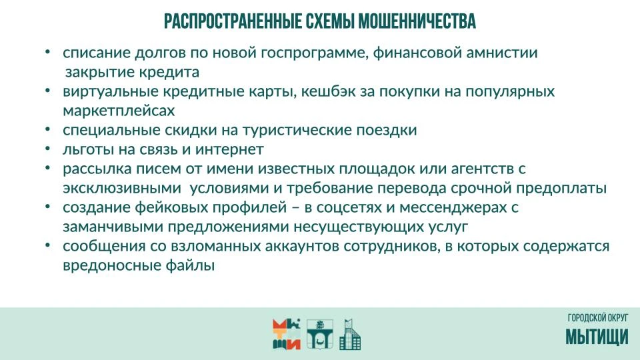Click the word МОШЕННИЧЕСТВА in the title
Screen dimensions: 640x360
[x=417, y=21]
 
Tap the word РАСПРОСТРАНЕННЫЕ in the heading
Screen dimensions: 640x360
[x=233, y=21]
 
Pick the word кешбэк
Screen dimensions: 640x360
[x=328, y=91]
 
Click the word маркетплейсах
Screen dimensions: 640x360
[x=119, y=111]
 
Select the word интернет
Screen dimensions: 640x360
[x=229, y=149]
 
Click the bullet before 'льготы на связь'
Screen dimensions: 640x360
[x=48, y=149]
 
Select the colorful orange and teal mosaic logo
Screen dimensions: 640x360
[x=287, y=334]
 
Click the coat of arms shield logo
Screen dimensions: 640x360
[x=320, y=334]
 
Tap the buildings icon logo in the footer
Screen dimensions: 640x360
[x=350, y=334]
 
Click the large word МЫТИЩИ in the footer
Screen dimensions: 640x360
[x=597, y=337]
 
